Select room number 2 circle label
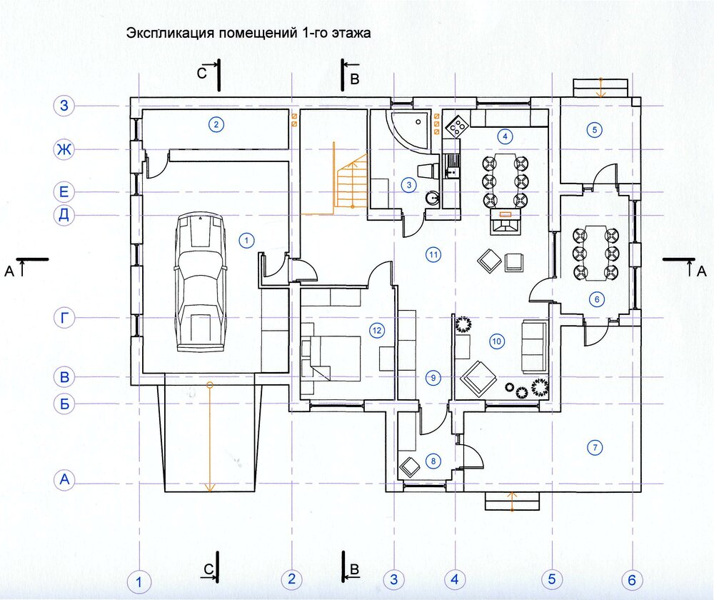pos(216,124)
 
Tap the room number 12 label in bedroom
pos(376,330)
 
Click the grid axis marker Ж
pos(64,149)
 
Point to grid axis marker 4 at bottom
pos(454,579)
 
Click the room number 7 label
pos(595,447)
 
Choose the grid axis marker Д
pos(64,214)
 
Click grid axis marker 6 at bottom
pos(632,579)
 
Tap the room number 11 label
pos(433,255)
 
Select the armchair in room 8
pos(409,467)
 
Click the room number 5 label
pos(594,130)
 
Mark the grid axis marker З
pos(64,106)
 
